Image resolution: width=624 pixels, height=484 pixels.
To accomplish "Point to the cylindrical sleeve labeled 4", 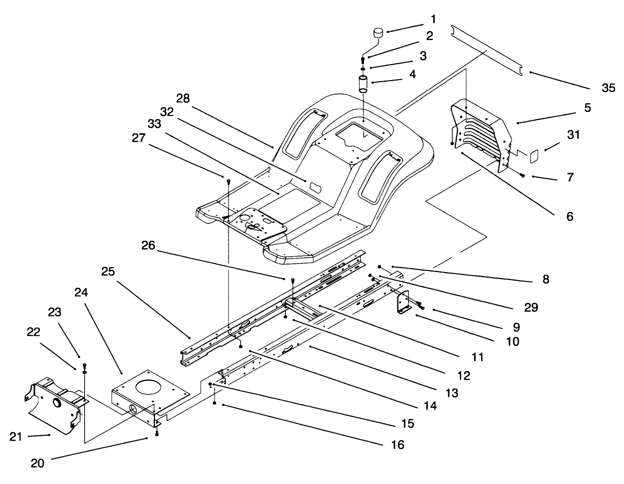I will pyautogui.click(x=363, y=84).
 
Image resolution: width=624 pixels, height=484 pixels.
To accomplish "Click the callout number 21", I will pyautogui.click(x=16, y=436).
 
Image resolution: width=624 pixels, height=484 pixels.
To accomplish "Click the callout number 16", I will pyautogui.click(x=397, y=444).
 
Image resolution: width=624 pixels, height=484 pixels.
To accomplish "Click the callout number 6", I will pyautogui.click(x=569, y=216).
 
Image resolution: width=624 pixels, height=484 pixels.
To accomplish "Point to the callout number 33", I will pyautogui.click(x=154, y=124).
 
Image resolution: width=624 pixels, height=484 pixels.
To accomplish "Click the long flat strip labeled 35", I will pyautogui.click(x=485, y=50).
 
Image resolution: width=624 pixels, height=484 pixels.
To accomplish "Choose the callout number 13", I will pyautogui.click(x=452, y=392).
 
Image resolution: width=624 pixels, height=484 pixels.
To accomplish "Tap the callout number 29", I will pyautogui.click(x=531, y=307).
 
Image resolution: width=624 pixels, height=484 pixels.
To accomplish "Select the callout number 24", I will pyautogui.click(x=81, y=292).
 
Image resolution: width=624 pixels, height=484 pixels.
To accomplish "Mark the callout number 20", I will pyautogui.click(x=38, y=463).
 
